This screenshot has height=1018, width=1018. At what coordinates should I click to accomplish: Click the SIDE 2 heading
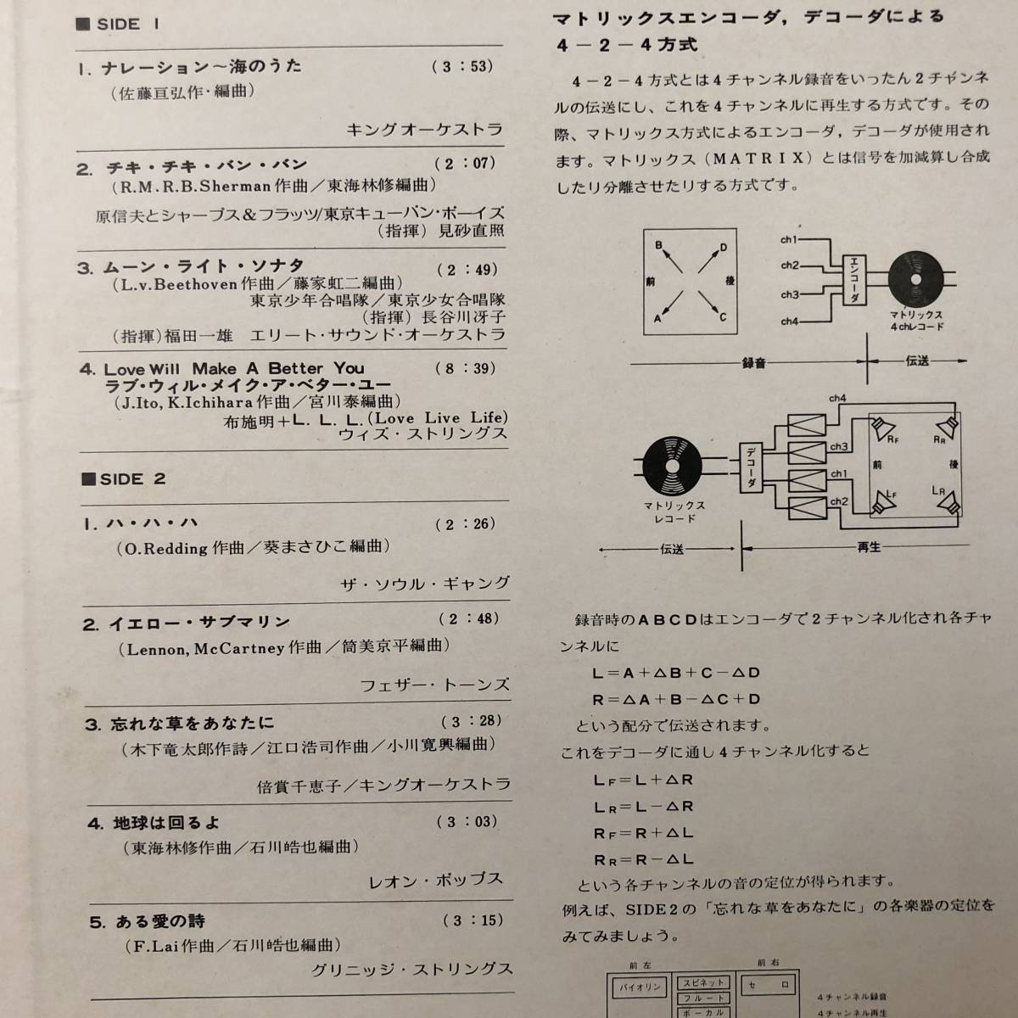coord(123,479)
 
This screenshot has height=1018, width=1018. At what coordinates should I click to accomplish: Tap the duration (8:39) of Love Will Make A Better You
coord(466,368)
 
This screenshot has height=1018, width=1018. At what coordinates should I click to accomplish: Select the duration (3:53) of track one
coord(462,66)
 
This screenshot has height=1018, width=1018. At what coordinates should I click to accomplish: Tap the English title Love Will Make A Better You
coord(233,369)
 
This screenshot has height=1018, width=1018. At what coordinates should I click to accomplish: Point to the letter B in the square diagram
coord(658,245)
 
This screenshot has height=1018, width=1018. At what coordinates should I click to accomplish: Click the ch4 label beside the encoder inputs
coord(789,322)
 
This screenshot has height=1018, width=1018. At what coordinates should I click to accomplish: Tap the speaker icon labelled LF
coord(885,502)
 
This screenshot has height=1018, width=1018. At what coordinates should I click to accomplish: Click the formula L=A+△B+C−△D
coord(676,673)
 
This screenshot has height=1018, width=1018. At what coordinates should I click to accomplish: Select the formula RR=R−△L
coord(645,859)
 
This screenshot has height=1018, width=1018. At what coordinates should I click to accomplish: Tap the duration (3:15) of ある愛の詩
coord(473,920)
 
